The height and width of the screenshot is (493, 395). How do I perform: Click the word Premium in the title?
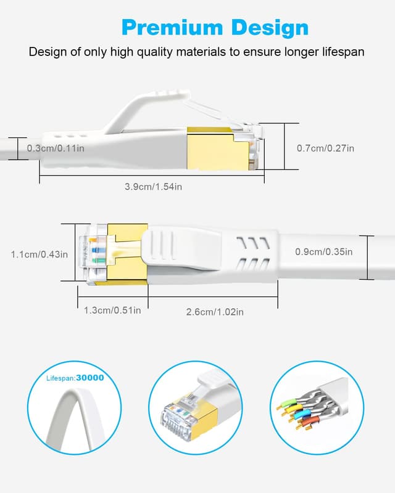tap(172, 28)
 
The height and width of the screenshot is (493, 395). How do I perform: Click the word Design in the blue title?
tap(270, 28)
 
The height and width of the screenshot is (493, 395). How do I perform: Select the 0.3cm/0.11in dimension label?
tap(56, 148)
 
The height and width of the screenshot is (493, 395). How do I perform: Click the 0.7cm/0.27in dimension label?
tap(325, 148)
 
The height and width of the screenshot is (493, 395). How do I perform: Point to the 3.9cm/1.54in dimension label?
tap(154, 187)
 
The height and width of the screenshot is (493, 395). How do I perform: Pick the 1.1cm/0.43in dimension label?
tap(39, 255)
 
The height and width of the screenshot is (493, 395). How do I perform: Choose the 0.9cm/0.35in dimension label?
tap(324, 252)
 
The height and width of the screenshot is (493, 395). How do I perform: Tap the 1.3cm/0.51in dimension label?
tap(112, 311)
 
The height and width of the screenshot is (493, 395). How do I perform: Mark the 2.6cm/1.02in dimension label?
tap(215, 312)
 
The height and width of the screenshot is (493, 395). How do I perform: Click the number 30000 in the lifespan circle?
tap(90, 378)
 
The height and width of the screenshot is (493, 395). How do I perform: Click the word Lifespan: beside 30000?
tap(61, 378)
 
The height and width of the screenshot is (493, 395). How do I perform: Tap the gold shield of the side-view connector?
tap(214, 149)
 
